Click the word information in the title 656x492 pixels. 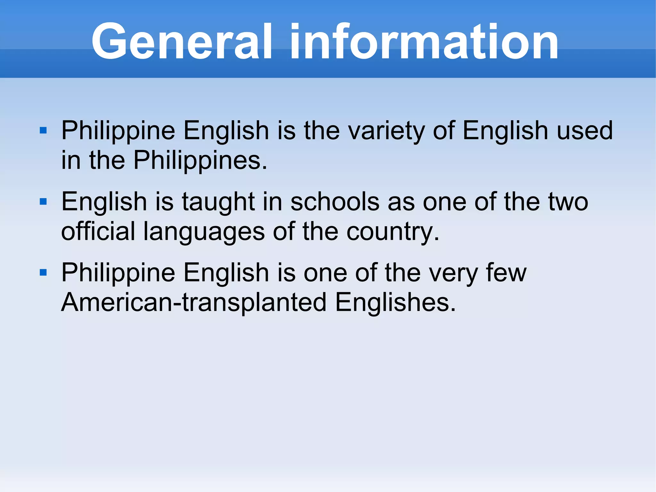(424, 42)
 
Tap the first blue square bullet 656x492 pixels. (43, 130)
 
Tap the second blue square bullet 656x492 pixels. (43, 202)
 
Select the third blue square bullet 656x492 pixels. (43, 273)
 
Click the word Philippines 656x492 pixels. (200, 160)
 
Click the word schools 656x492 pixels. (335, 202)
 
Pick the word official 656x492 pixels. (98, 231)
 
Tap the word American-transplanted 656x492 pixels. (194, 303)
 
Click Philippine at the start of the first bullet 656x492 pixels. (118, 131)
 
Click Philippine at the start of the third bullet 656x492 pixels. (118, 273)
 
